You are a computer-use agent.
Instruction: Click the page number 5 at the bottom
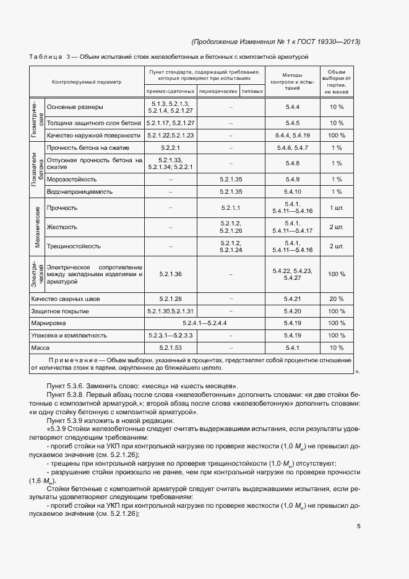(358, 527)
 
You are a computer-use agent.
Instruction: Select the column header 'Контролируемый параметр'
(87, 82)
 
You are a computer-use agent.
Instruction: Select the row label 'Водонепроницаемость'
(79, 192)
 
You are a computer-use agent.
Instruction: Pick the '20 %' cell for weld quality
(337, 299)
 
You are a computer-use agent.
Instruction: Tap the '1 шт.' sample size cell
(337, 207)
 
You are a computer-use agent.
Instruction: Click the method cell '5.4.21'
(292, 299)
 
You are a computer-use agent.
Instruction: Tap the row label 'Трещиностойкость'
(74, 246)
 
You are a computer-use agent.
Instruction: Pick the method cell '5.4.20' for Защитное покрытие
(292, 311)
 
